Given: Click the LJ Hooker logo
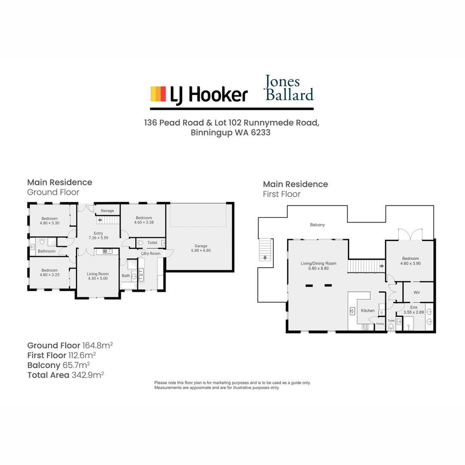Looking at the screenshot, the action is pyautogui.click(x=199, y=95).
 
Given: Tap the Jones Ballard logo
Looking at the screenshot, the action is pyautogui.click(x=288, y=88).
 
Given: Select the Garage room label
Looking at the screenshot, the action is pyautogui.click(x=201, y=248).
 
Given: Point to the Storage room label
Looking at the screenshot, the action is pyautogui.click(x=107, y=211).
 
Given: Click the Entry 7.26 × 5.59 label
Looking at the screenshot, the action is pyautogui.click(x=99, y=236).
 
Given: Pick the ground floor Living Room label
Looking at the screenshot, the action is pyautogui.click(x=98, y=276).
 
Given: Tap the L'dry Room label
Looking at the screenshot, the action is pyautogui.click(x=151, y=254).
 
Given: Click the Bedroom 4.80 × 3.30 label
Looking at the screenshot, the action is pyautogui.click(x=50, y=221).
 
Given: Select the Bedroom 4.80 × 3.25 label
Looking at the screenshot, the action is pyautogui.click(x=50, y=273).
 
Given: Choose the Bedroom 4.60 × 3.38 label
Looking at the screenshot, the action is pyautogui.click(x=144, y=220).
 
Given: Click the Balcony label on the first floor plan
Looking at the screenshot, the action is pyautogui.click(x=317, y=225).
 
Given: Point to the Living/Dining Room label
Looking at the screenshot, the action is pyautogui.click(x=319, y=266).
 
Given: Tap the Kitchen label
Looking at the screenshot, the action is pyautogui.click(x=368, y=310).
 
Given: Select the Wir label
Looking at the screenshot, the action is pyautogui.click(x=417, y=292).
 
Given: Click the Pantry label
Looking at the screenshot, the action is pyautogui.click(x=380, y=324).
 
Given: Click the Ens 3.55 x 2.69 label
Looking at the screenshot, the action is pyautogui.click(x=414, y=310).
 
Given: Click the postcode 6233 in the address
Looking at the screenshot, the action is pyautogui.click(x=260, y=132).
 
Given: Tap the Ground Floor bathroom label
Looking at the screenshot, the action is pyautogui.click(x=46, y=251).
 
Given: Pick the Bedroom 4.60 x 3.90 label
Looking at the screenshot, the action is pyautogui.click(x=410, y=261).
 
